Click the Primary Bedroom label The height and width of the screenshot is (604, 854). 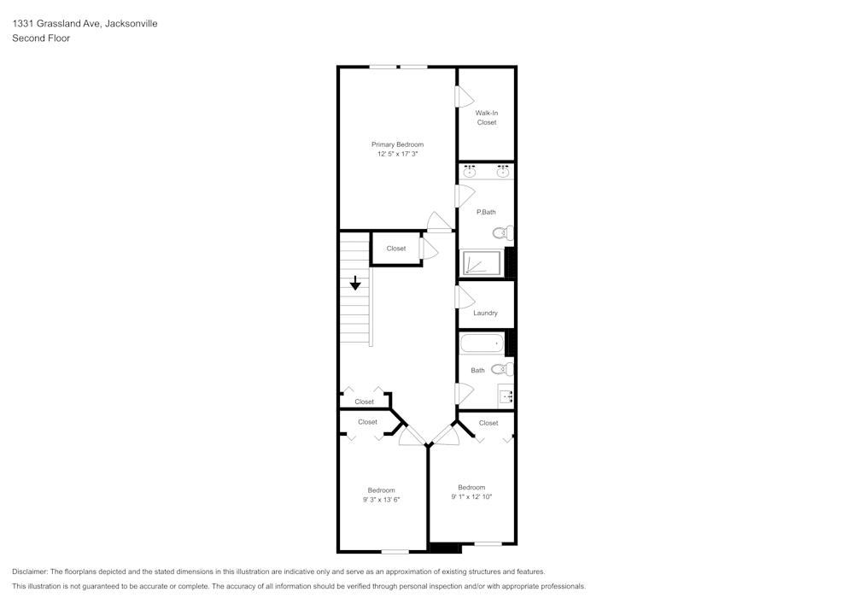397,144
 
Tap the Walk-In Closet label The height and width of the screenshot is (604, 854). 486,118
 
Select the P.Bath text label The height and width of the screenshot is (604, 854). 486,212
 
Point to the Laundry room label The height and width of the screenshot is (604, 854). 485,313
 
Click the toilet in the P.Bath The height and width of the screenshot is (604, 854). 503,232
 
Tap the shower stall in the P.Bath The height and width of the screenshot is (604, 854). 483,263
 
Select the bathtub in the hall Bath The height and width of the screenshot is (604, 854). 482,343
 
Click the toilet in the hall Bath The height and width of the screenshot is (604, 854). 502,369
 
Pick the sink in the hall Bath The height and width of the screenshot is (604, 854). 506,396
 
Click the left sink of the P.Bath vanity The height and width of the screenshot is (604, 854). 469,172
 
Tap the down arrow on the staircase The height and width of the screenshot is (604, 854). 355,283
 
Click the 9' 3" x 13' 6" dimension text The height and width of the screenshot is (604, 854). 381,500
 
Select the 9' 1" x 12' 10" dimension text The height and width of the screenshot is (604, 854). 471,496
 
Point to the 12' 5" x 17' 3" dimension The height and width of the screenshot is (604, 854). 397,155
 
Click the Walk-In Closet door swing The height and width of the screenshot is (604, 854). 465,97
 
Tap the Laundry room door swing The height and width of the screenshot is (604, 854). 465,297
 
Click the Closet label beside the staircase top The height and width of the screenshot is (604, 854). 396,249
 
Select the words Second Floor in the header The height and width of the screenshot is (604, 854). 41,38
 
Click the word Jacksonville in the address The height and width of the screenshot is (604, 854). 131,24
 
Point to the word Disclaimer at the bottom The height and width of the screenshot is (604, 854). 30,572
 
